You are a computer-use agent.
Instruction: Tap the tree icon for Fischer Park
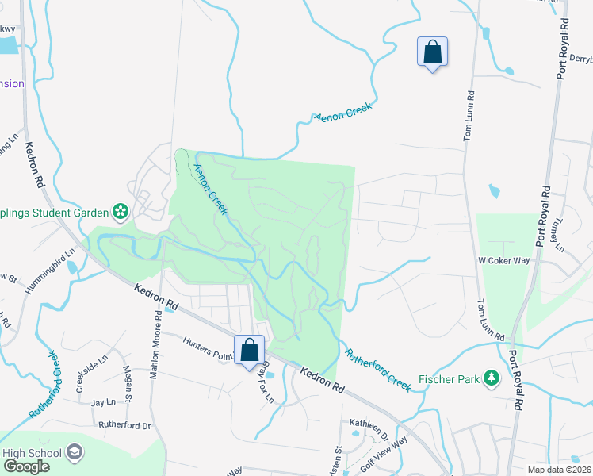(x=492, y=379)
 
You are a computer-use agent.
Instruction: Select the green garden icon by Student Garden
(x=120, y=211)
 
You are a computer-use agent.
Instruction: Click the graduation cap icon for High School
(x=75, y=453)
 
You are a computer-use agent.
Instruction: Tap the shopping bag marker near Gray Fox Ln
(x=249, y=350)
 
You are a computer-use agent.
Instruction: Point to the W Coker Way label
(x=503, y=259)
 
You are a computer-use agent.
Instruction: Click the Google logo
(x=25, y=466)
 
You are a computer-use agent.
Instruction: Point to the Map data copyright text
(x=560, y=470)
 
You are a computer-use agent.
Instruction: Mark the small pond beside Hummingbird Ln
(x=74, y=267)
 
